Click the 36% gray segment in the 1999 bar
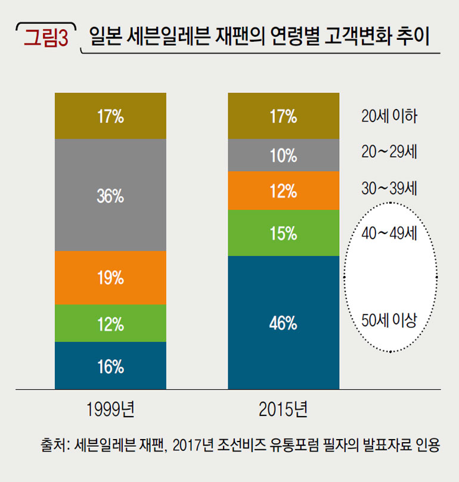coord(110,195)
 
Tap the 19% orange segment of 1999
coord(110,278)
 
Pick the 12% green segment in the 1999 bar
coord(110,324)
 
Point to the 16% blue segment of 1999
coord(110,366)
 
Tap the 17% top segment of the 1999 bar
coord(110,116)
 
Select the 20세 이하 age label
coord(388,116)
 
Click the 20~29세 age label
coord(388,152)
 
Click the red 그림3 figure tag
coord(45,37)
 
